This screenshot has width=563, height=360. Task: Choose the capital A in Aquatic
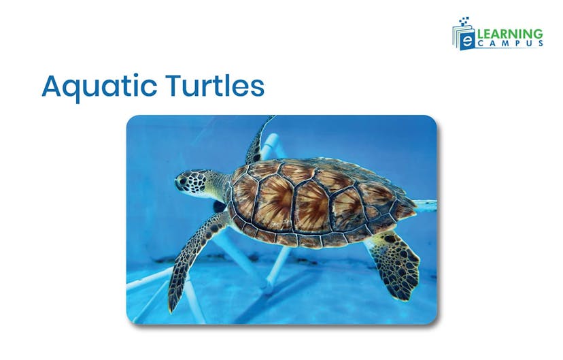52,86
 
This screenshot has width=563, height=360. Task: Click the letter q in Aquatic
73,91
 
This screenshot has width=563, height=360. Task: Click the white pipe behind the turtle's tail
424,203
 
